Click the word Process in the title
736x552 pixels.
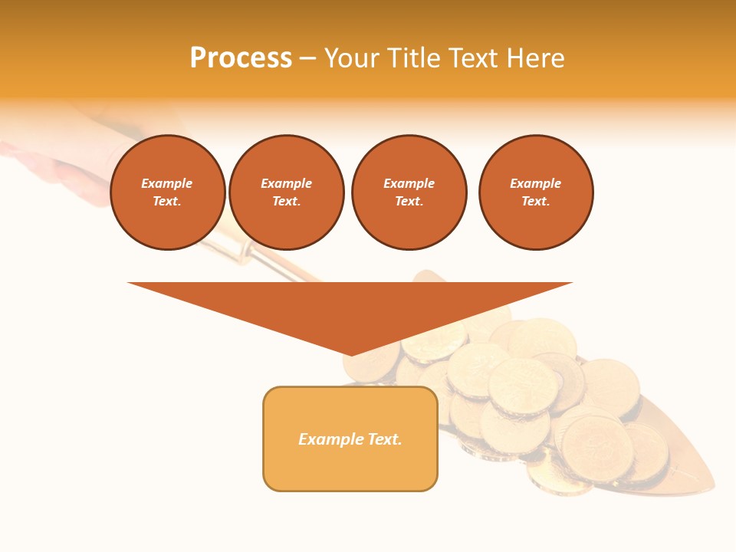click(x=241, y=58)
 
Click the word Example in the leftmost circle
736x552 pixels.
click(x=167, y=183)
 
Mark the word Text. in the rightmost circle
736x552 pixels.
click(x=536, y=202)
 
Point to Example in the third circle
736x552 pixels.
click(x=409, y=183)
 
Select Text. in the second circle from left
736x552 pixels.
click(x=287, y=202)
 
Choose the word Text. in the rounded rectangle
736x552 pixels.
click(x=385, y=439)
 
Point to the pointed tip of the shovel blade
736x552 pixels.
click(x=712, y=487)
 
